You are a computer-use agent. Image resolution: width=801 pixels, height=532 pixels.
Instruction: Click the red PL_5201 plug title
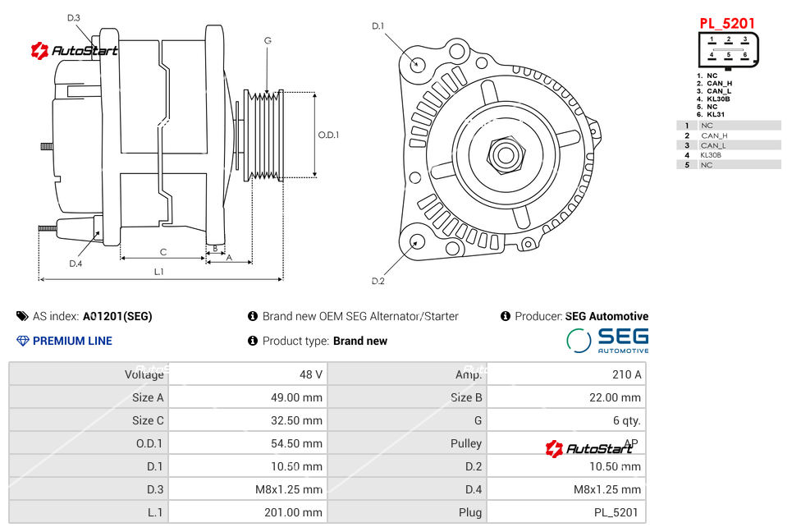click(x=726, y=23)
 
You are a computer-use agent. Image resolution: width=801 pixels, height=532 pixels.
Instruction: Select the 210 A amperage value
click(x=626, y=374)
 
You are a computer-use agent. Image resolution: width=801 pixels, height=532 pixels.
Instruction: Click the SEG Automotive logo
click(x=608, y=341)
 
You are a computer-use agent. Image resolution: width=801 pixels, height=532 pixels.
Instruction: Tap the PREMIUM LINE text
click(x=72, y=341)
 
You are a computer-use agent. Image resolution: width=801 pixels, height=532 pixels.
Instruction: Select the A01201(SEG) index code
click(x=117, y=316)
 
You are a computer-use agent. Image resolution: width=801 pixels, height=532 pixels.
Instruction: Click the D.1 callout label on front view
click(x=378, y=26)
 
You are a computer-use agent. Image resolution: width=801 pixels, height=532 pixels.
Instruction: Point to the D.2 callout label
click(x=378, y=281)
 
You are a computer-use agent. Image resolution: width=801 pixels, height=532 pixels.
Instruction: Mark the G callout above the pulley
click(x=268, y=40)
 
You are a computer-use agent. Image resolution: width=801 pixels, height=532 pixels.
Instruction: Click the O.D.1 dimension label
click(x=328, y=135)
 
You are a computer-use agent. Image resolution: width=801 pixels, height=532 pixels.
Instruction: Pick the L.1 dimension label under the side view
click(x=158, y=271)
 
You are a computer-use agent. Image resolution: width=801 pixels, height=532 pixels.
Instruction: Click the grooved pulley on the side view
click(x=264, y=134)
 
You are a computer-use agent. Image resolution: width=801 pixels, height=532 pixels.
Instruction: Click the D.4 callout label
click(x=76, y=264)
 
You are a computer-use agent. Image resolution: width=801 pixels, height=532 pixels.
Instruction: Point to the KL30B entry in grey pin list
click(x=712, y=155)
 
